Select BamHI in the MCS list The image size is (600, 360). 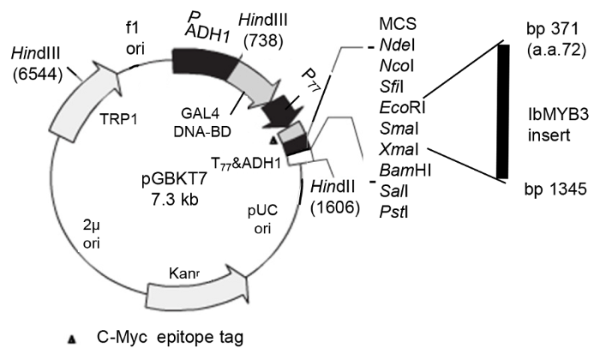[402, 166]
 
